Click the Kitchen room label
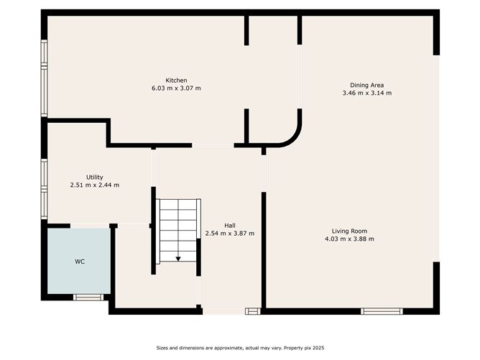coord(176,80)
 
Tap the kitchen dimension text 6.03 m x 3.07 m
coord(176,88)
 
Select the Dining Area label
coord(366,85)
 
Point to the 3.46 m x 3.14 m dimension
coord(366,93)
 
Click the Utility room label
coord(95,177)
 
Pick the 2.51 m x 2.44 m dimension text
coord(95,185)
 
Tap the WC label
coord(80,262)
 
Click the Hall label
coord(230,226)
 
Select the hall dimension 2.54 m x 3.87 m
coord(230,234)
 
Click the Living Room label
coord(349,231)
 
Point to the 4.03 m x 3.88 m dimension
coord(349,239)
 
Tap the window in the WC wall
coord(88,297)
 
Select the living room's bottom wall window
coord(382,311)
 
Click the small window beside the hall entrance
coord(253,311)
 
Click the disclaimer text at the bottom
coord(240,348)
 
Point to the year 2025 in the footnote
coord(318,348)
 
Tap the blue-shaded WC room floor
coord(79,261)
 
